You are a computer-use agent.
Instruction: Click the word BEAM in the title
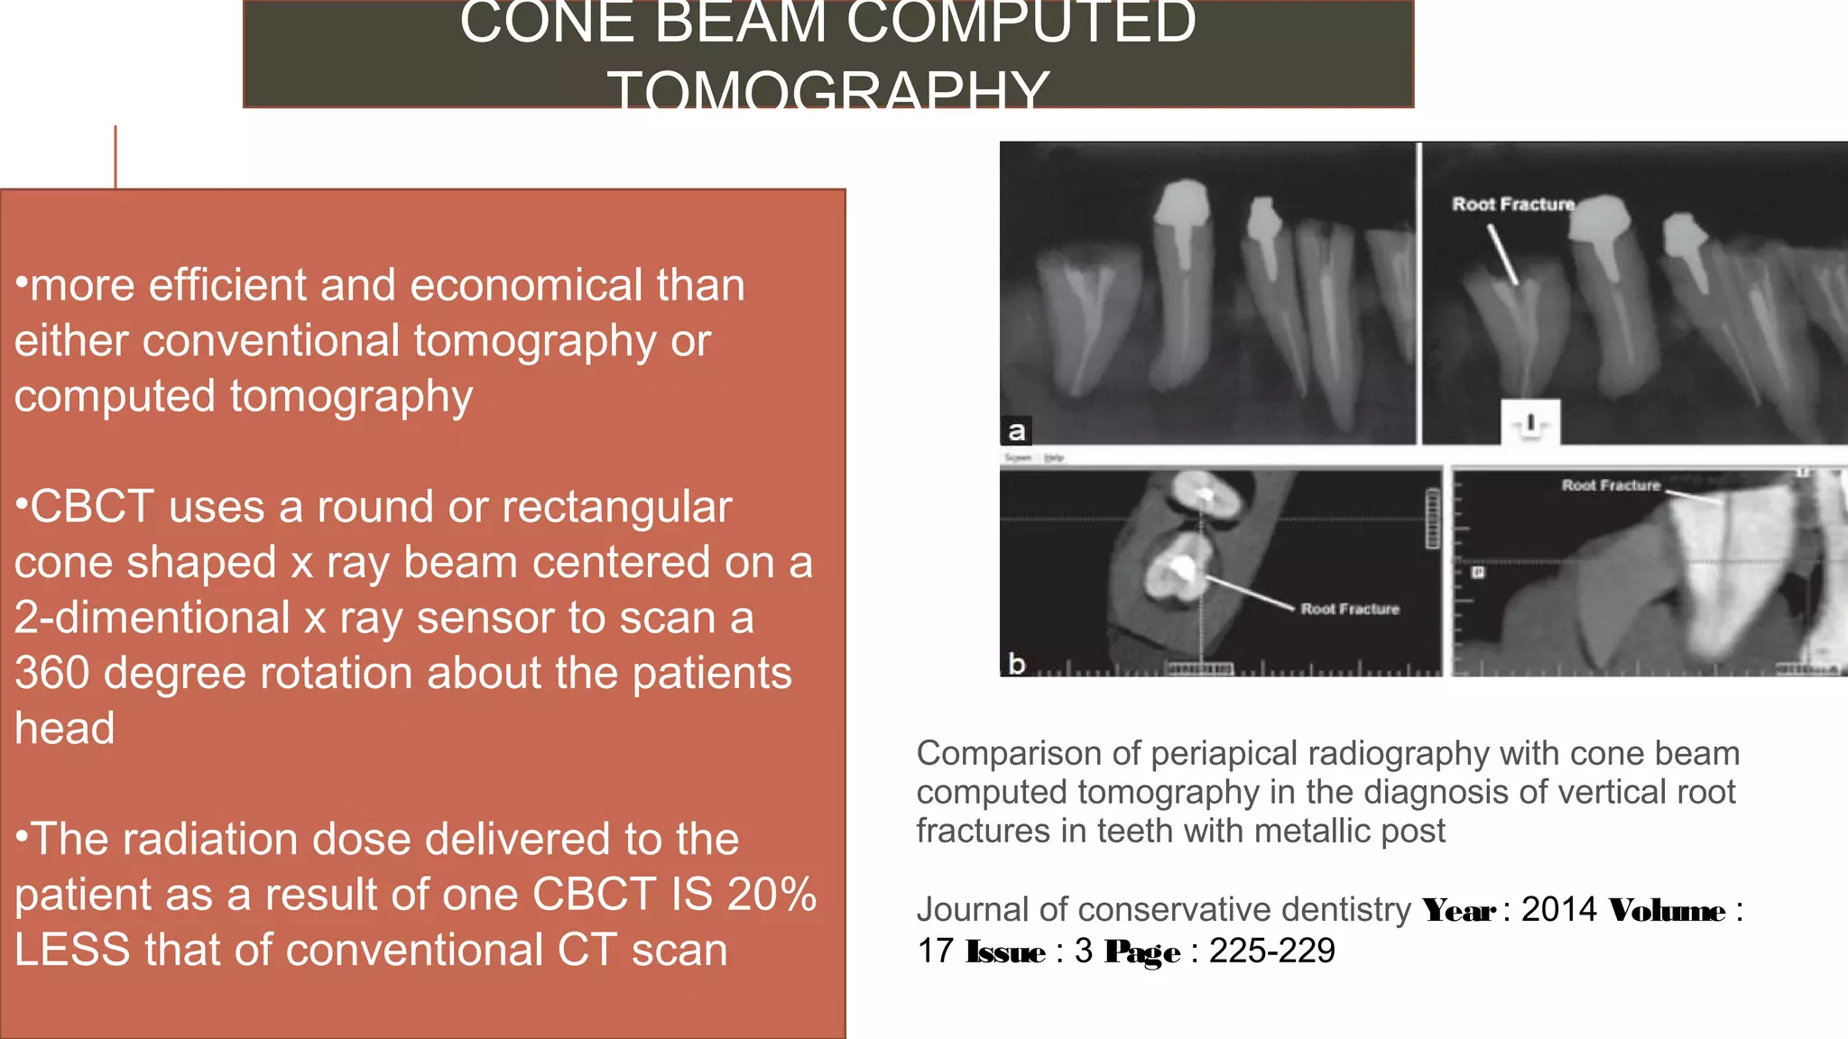click(740, 23)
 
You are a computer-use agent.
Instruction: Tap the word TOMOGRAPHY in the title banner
click(827, 90)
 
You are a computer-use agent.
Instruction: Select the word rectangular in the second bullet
click(611, 508)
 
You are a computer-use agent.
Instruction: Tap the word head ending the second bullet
click(65, 729)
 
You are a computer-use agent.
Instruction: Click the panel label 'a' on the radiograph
click(1016, 431)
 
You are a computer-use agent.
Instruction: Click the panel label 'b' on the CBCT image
click(1016, 664)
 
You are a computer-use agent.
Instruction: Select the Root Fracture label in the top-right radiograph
click(1513, 205)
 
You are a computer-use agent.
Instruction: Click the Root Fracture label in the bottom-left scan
click(1350, 610)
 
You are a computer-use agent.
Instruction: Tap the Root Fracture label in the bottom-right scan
click(1611, 486)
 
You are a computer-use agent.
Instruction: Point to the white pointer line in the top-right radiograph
click(1503, 255)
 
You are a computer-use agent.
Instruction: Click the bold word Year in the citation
click(1459, 911)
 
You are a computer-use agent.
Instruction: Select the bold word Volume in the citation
click(1667, 911)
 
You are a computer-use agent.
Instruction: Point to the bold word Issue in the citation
click(1005, 952)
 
